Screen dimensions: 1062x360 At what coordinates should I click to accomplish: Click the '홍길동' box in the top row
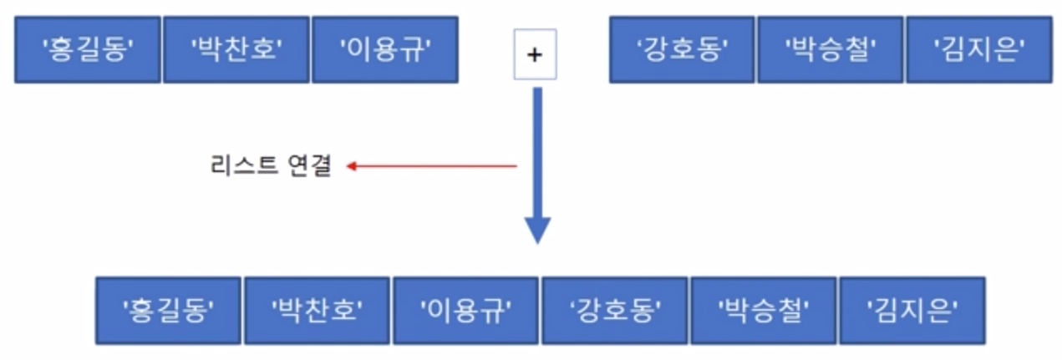coord(88,50)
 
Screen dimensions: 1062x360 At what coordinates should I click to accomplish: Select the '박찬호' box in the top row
coord(236,50)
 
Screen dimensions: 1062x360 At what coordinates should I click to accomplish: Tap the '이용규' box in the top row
coord(384,50)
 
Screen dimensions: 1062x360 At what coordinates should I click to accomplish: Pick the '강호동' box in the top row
coord(682,50)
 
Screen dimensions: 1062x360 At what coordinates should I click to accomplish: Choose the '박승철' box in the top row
coord(830,50)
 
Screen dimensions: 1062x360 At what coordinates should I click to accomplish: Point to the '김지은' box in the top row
coord(978,50)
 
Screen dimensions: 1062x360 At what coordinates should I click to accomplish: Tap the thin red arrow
coord(434,166)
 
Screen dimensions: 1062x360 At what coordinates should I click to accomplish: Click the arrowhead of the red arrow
coord(352,166)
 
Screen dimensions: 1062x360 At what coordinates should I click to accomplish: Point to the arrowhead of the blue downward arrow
coord(537,229)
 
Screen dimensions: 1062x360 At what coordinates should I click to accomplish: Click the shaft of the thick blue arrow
coord(537,150)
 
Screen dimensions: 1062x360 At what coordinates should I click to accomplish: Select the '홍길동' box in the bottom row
coord(168,311)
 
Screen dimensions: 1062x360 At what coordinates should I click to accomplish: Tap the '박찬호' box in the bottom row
coord(317,311)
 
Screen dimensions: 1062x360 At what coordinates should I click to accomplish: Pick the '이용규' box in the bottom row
coord(465,311)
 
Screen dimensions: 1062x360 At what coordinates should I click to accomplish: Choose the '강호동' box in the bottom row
coord(614,311)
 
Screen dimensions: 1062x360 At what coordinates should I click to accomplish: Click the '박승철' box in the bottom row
coord(763,311)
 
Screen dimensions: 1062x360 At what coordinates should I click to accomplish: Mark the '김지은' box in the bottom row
coord(912,311)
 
